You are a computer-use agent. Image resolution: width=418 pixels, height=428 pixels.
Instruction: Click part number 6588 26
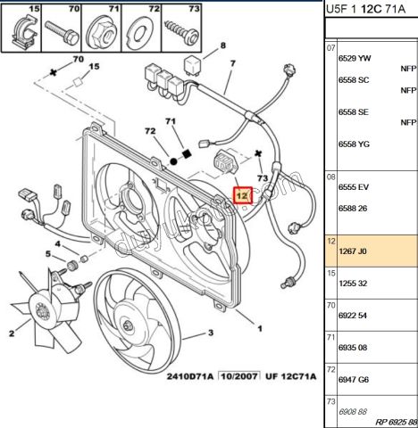pos(353,210)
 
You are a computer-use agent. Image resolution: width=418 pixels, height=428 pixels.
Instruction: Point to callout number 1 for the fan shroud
pos(259,328)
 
